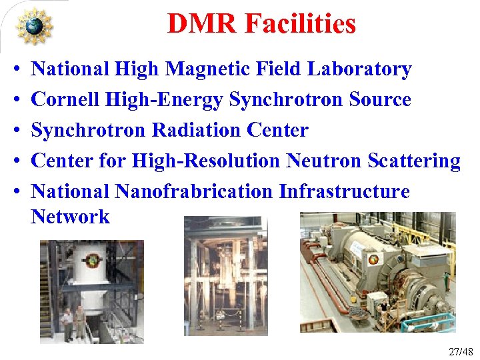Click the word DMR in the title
pos(203,24)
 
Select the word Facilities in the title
pos(301,24)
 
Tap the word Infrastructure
pos(344,192)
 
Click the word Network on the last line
pos(70,217)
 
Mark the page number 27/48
pos(459,351)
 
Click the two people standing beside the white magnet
pos(73,321)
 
